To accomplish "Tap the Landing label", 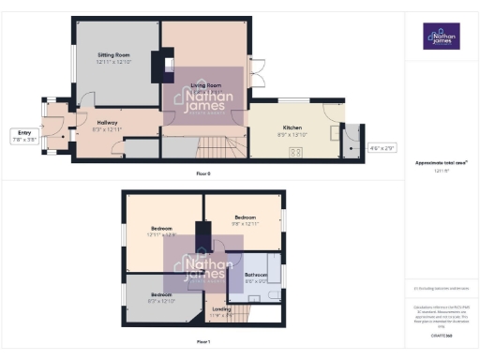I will (222, 308).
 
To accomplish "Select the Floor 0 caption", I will (202, 173).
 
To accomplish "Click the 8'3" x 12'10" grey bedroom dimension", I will (162, 300).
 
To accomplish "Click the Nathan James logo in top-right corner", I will (441, 37).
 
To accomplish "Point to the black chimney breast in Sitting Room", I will (169, 67).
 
